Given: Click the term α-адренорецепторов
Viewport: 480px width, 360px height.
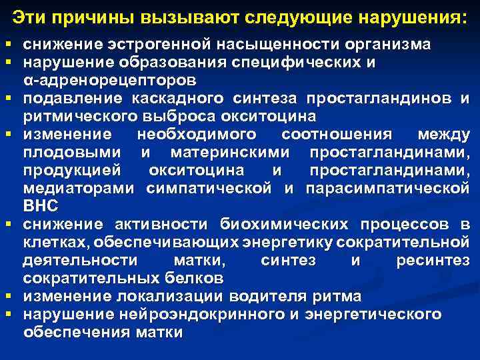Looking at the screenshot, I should [109, 81].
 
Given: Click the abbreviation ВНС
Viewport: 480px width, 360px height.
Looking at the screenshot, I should [41, 205].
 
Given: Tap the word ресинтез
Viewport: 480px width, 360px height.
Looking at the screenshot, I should [433, 259].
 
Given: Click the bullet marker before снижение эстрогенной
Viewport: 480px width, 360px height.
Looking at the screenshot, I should [8, 45].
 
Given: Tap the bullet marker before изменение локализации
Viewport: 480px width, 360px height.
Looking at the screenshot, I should [8, 295].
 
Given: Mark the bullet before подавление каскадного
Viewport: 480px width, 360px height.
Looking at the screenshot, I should [8, 99].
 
